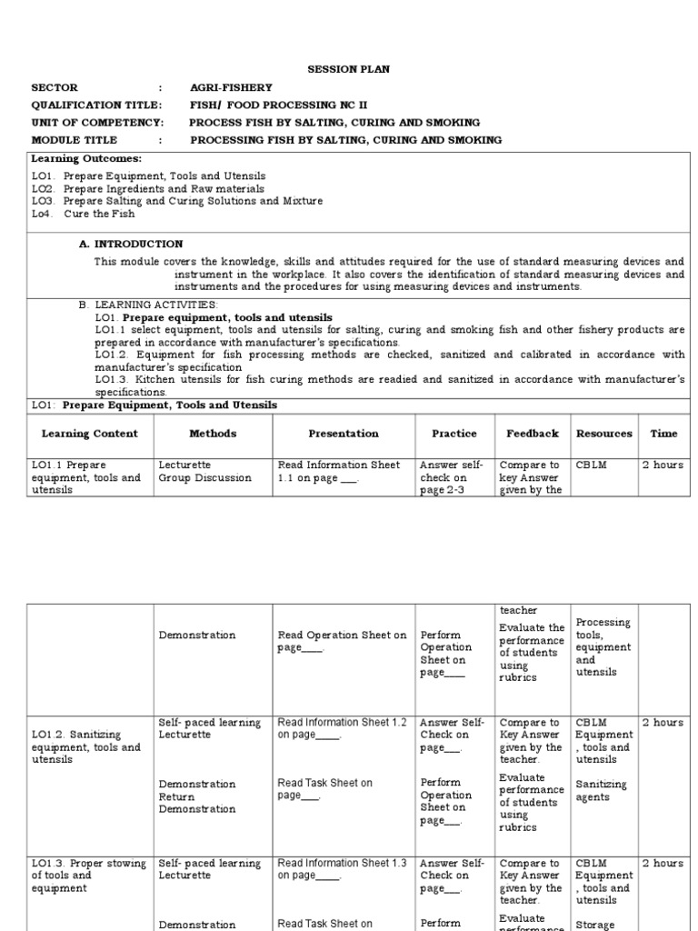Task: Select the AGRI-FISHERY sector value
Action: tap(230, 88)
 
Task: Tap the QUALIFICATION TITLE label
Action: tap(96, 105)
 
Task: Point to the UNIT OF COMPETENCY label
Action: tap(97, 123)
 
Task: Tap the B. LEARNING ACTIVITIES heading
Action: tap(148, 304)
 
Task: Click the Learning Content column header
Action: tap(90, 434)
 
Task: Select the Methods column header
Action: tap(213, 434)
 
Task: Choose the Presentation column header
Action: tap(343, 434)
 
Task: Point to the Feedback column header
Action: tap(532, 434)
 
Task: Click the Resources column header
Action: tap(603, 434)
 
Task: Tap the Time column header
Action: tap(663, 434)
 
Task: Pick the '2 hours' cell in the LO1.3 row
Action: tap(663, 863)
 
